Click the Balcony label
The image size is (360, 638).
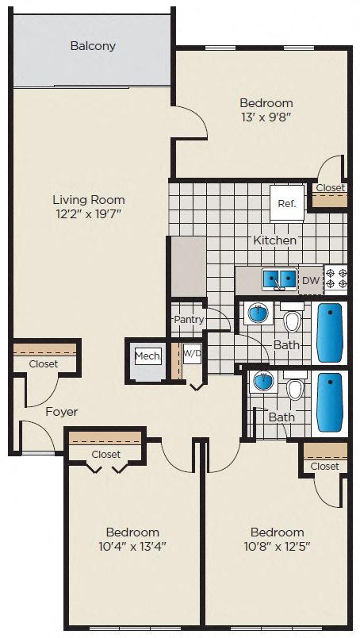93,46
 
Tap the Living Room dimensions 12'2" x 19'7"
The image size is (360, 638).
89,213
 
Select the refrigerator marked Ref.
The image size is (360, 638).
286,203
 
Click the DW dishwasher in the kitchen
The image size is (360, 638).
310,280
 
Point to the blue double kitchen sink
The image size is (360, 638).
279,279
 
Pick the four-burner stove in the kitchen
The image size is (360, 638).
336,279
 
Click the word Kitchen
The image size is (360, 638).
274,240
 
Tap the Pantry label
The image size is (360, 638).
189,320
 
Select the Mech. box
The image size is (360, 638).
147,356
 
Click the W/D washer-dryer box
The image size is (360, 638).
192,354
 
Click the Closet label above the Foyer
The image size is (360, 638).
44,363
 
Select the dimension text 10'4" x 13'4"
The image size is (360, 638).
132,546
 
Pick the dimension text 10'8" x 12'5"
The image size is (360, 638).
277,546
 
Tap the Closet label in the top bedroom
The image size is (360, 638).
329,188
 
